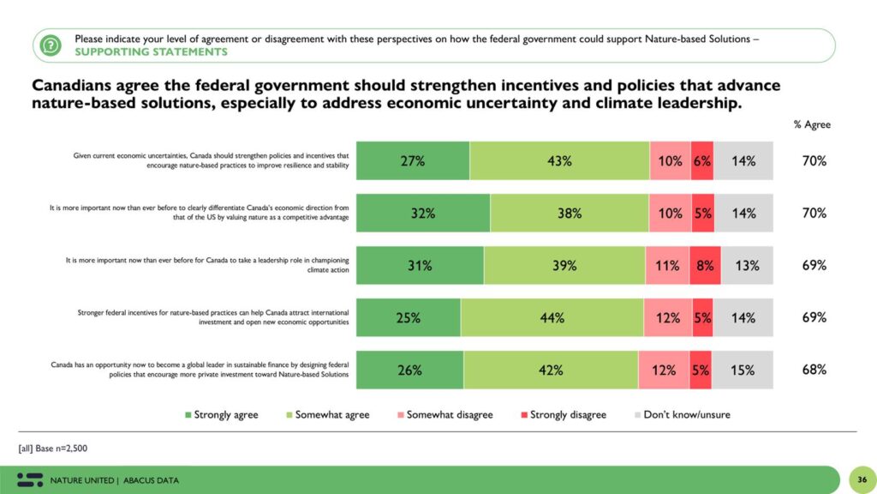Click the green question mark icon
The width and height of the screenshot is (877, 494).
tap(51, 45)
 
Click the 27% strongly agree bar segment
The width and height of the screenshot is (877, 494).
tap(413, 160)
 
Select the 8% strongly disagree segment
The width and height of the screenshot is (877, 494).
tap(705, 265)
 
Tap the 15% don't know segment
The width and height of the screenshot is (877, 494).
tap(743, 370)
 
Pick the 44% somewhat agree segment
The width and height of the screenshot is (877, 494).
tap(552, 318)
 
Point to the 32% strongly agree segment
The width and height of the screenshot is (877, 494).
tap(423, 214)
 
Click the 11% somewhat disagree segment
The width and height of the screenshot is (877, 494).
tap(667, 265)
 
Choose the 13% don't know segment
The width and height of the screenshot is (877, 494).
tap(747, 265)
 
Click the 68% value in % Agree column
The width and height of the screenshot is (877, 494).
tap(814, 370)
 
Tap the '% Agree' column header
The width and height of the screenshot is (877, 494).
tap(811, 124)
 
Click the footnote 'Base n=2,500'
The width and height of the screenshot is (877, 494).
tap(52, 448)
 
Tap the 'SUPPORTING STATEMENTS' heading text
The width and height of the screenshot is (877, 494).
tap(151, 51)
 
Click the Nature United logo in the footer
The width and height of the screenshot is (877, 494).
tap(29, 479)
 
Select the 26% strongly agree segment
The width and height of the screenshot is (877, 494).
tap(409, 370)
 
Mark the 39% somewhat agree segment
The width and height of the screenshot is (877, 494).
tap(564, 265)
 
